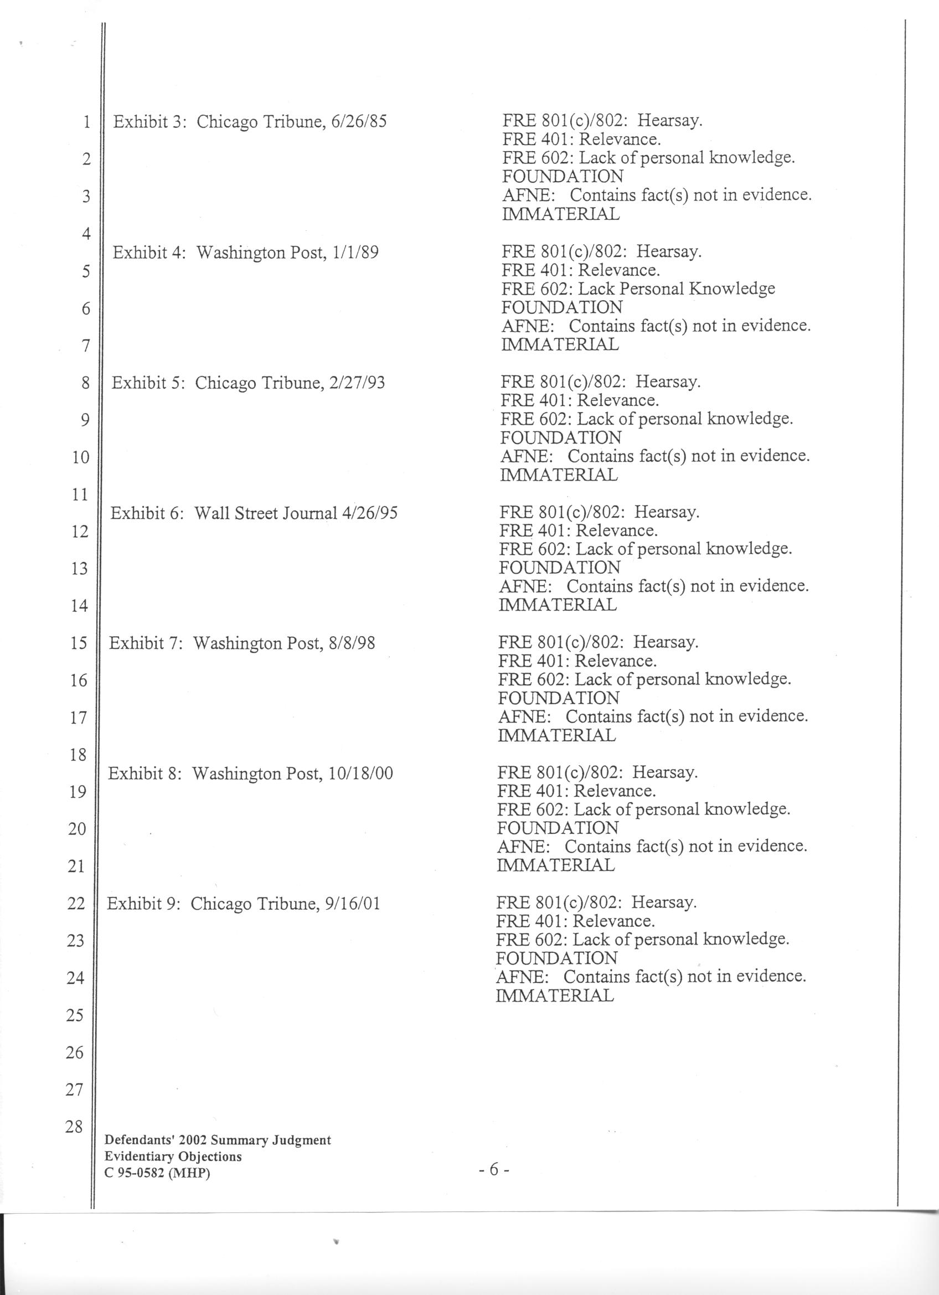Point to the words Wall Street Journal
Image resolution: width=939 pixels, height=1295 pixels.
(x=266, y=513)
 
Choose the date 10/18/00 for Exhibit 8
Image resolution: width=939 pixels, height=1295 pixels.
(x=361, y=773)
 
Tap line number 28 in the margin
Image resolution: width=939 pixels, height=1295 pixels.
(x=74, y=1127)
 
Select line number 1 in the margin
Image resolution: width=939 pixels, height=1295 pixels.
(x=86, y=122)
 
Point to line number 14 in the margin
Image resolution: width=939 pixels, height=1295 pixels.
(x=79, y=606)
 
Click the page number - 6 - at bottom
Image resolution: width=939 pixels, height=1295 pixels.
(x=494, y=1169)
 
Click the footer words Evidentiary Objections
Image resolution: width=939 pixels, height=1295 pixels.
(x=173, y=1157)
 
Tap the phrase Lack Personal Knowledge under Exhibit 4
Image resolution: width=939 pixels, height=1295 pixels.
(x=677, y=288)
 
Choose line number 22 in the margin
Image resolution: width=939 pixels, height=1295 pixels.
(x=76, y=904)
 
